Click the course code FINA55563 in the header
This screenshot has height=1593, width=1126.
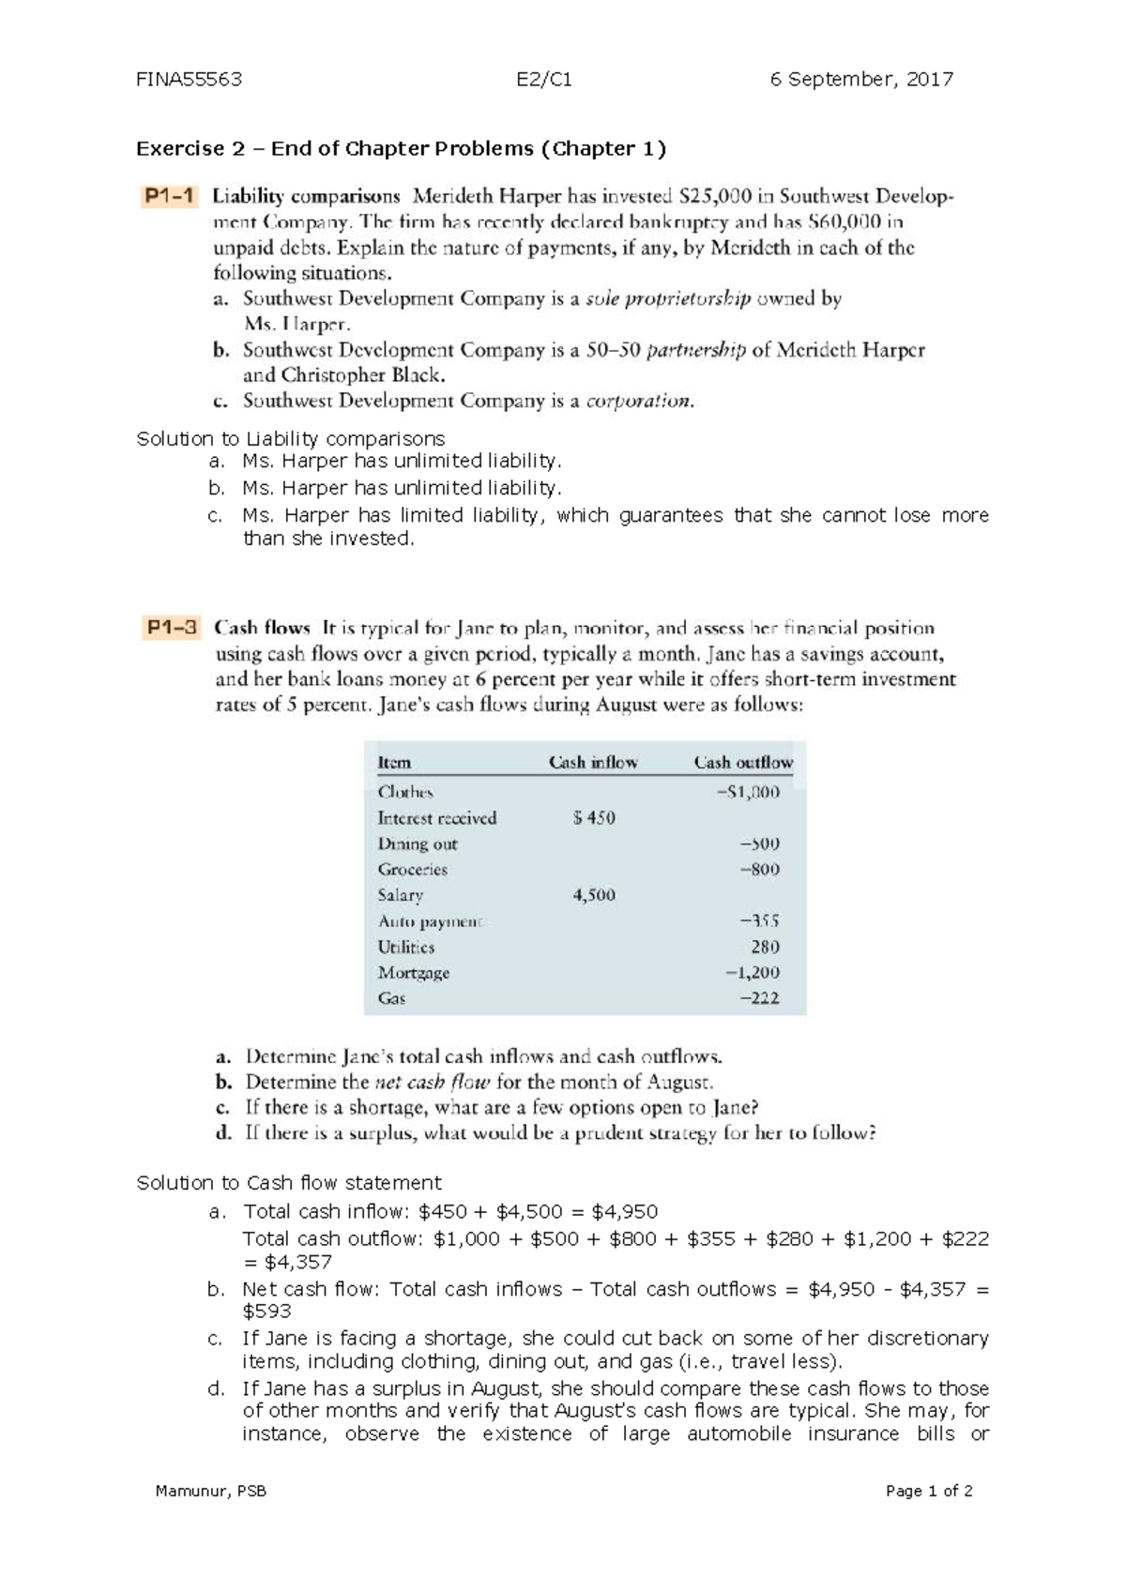pyautogui.click(x=189, y=80)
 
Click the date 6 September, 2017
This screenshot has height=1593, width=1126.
pyautogui.click(x=861, y=80)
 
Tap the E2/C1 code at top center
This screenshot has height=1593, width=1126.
pyautogui.click(x=544, y=80)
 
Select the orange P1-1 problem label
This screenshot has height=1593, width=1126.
pyautogui.click(x=169, y=197)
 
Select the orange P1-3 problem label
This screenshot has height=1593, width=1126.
pyautogui.click(x=172, y=628)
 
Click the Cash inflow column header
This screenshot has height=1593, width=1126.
pyautogui.click(x=593, y=763)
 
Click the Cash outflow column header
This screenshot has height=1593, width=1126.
pyautogui.click(x=743, y=763)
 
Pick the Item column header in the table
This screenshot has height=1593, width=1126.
pyautogui.click(x=394, y=763)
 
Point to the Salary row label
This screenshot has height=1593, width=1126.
pyautogui.click(x=401, y=896)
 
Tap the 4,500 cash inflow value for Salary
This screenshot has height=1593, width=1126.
pyautogui.click(x=594, y=895)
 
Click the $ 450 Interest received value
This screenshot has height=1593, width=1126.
pyautogui.click(x=594, y=818)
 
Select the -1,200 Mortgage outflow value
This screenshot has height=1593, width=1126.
pyautogui.click(x=753, y=973)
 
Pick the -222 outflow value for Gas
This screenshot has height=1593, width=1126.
pyautogui.click(x=759, y=998)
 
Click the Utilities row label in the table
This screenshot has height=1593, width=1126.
pyautogui.click(x=406, y=948)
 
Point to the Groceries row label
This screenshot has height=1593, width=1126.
pyautogui.click(x=413, y=870)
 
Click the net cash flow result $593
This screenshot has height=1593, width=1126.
pyautogui.click(x=266, y=1312)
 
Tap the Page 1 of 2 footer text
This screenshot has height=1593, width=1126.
pyautogui.click(x=929, y=1491)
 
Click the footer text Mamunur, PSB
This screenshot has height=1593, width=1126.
pyautogui.click(x=211, y=1491)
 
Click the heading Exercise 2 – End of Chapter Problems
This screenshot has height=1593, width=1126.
pyautogui.click(x=401, y=148)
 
